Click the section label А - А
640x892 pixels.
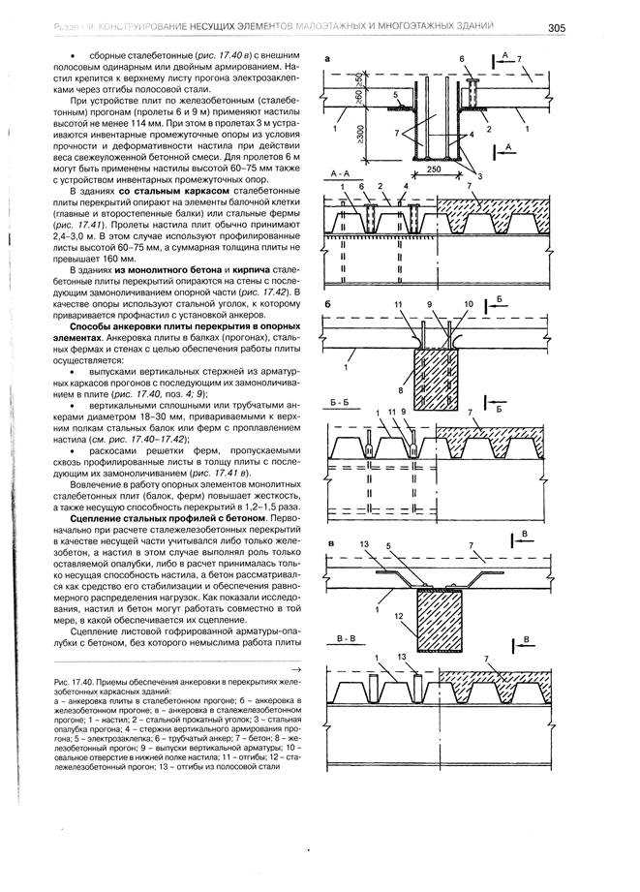point(341,171)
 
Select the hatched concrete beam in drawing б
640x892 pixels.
point(444,373)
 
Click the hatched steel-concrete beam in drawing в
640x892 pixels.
point(445,620)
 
